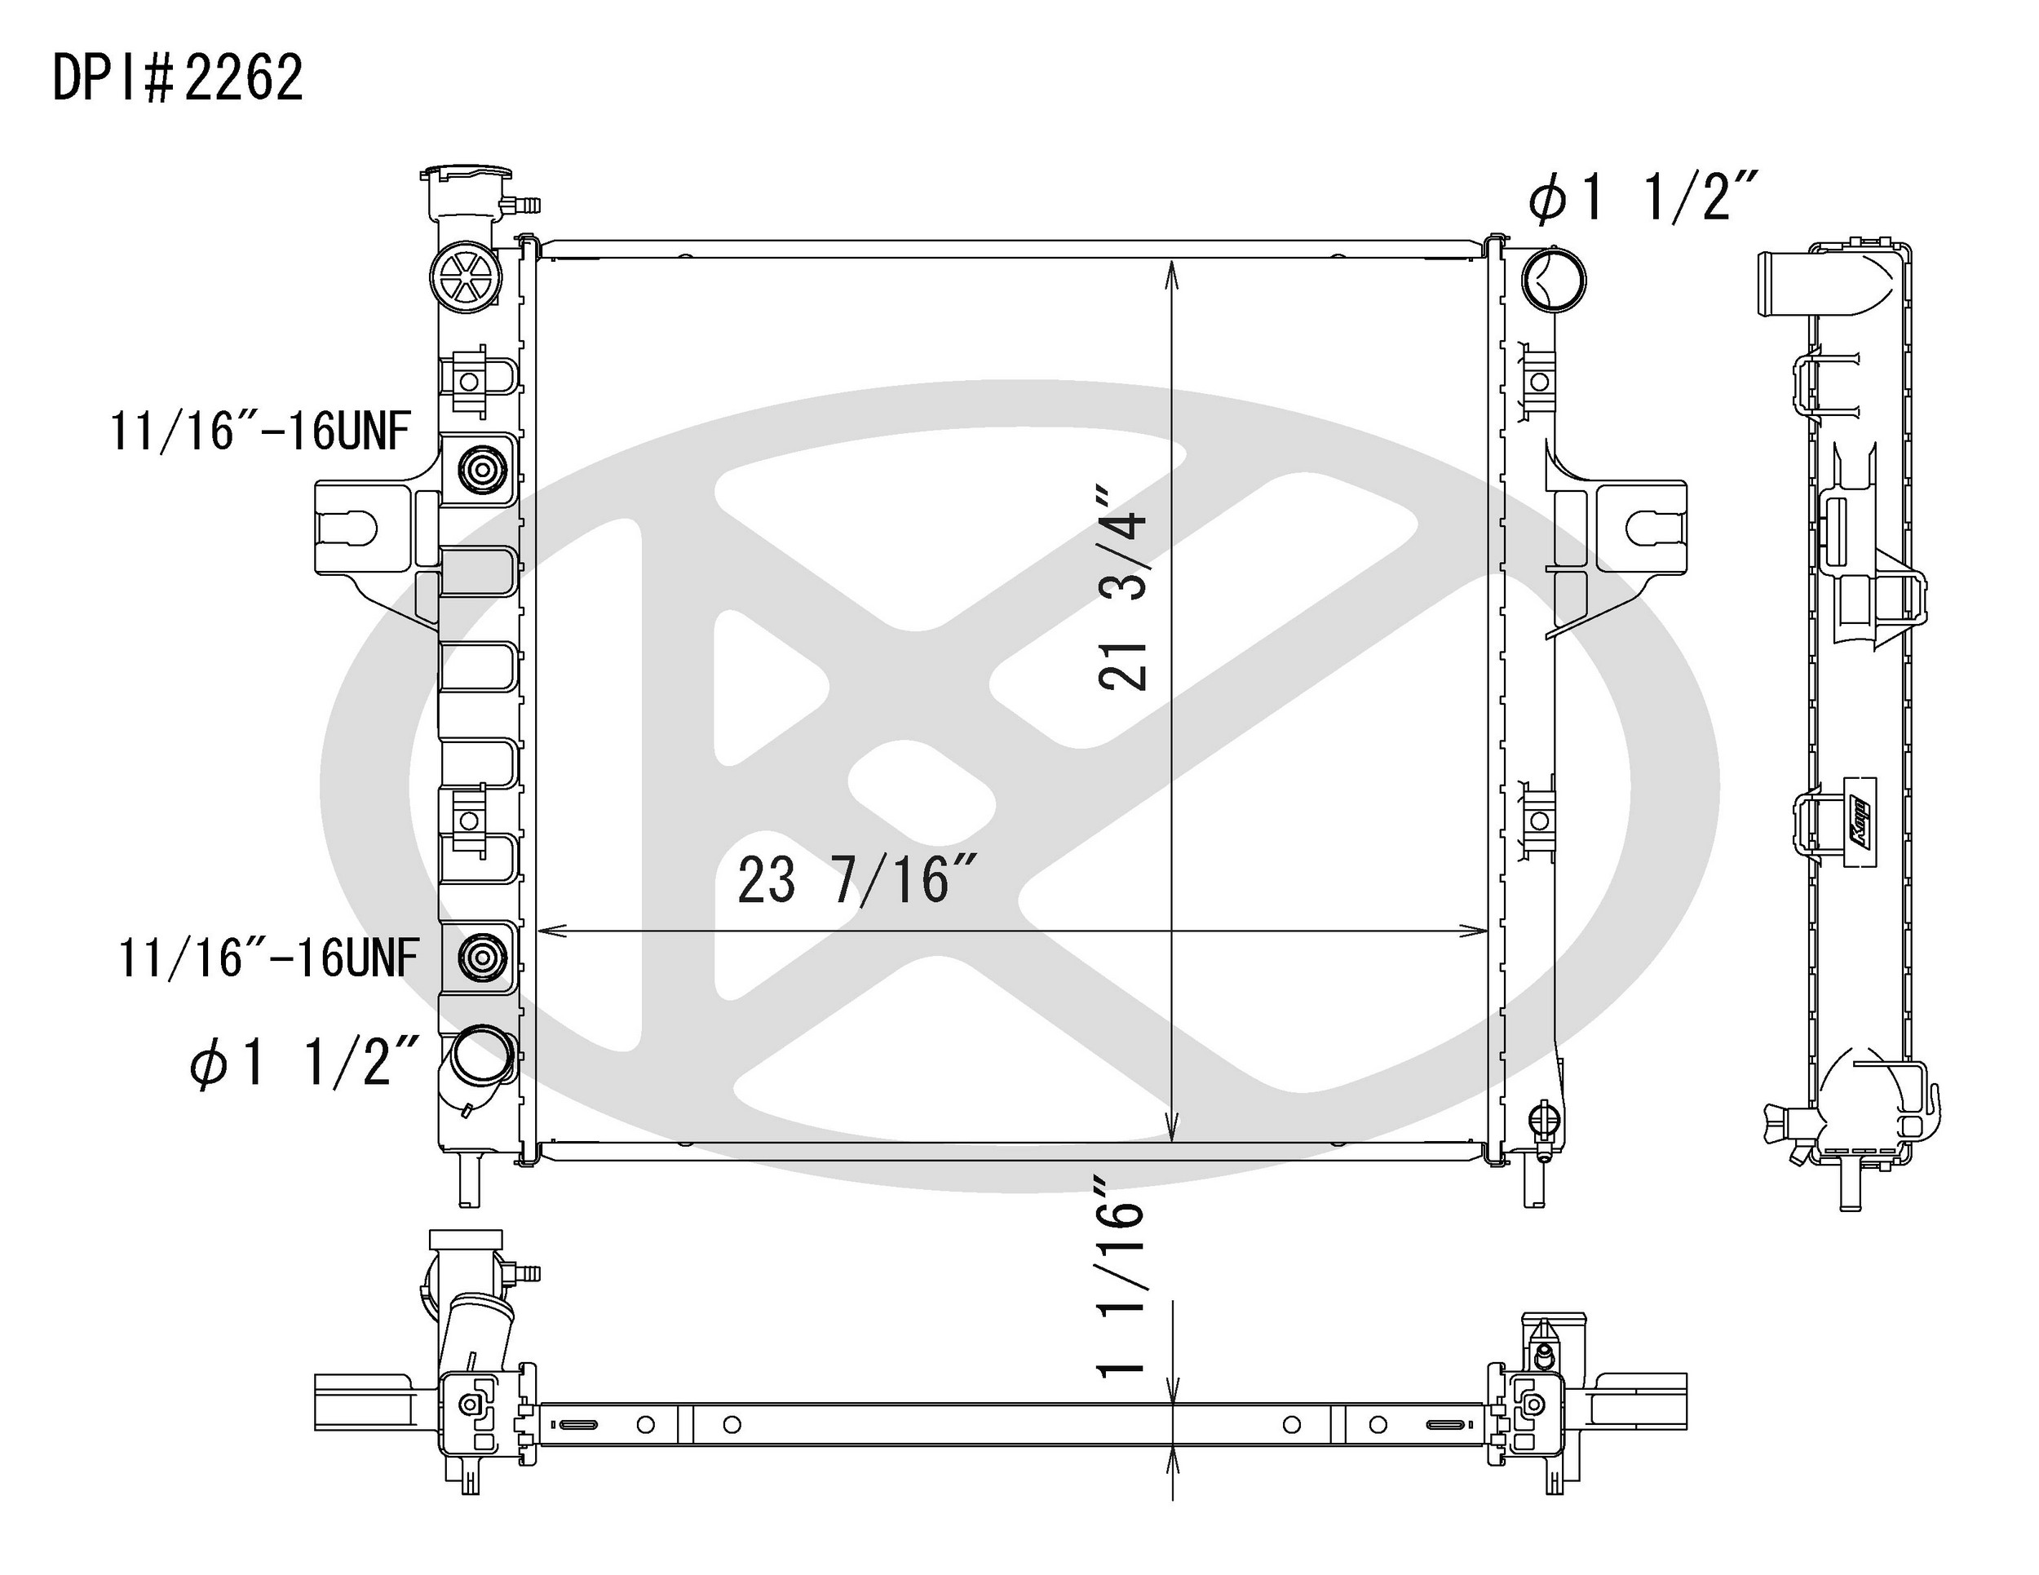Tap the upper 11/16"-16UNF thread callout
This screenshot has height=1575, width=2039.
pos(260,431)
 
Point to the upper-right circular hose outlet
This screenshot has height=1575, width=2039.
pos(1554,279)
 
